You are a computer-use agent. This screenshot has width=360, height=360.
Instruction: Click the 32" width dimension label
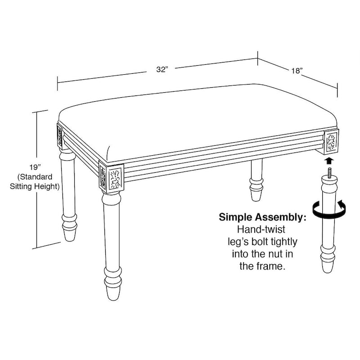pos(162,69)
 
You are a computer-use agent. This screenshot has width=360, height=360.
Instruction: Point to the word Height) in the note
pos(47,186)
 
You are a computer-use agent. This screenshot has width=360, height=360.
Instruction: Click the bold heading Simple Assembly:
pos(262,217)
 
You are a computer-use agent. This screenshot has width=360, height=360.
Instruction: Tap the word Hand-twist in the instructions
pos(261,229)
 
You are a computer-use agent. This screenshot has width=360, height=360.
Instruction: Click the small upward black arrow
pos(329,161)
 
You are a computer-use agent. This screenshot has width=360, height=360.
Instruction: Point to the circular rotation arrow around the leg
pos(329,208)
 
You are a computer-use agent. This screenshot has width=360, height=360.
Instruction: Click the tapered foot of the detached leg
pos(328,266)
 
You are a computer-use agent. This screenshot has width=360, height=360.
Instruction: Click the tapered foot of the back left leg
pos(69,234)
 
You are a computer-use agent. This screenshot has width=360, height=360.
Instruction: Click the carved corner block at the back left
pos(60,136)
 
